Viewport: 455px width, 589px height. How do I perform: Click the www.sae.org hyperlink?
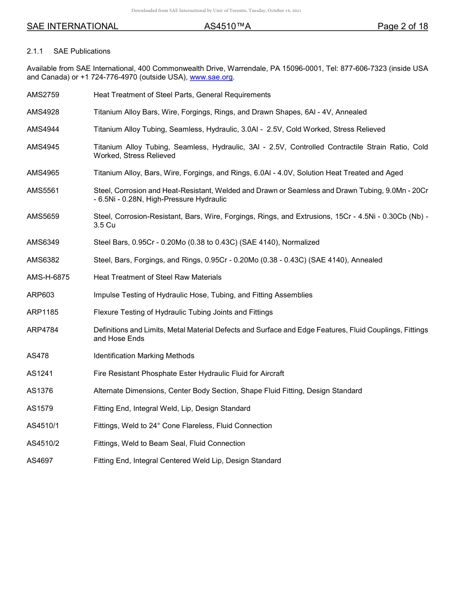point(211,77)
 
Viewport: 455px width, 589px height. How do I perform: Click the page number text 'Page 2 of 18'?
point(402,27)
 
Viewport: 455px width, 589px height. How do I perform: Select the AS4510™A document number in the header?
point(227,27)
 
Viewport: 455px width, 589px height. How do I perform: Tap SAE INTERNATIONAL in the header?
point(72,27)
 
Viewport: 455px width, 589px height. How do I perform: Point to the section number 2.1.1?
point(35,51)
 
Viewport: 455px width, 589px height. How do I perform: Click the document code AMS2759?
point(43,95)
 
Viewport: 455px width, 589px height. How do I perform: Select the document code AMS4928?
point(43,112)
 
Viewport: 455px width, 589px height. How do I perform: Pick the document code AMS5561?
point(43,191)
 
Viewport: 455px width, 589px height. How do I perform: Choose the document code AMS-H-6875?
point(48,277)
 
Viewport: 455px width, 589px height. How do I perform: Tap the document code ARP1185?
point(43,312)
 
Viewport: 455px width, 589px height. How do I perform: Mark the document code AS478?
point(38,356)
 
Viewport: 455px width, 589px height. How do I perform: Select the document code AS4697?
point(40,461)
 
